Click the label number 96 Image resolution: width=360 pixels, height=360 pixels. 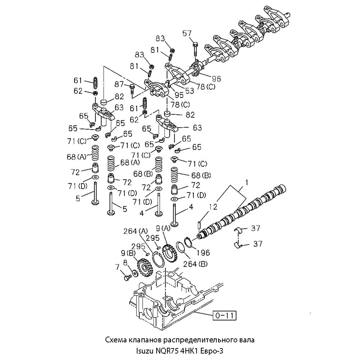click(216, 78)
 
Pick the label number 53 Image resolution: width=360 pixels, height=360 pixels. click(189, 91)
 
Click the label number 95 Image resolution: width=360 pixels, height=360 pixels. click(179, 95)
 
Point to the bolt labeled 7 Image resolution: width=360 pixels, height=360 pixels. click(127, 278)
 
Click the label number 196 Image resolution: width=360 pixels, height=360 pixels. click(203, 253)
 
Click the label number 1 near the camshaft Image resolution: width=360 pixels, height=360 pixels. click(247, 183)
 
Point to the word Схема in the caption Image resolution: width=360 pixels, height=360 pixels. click(115, 339)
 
